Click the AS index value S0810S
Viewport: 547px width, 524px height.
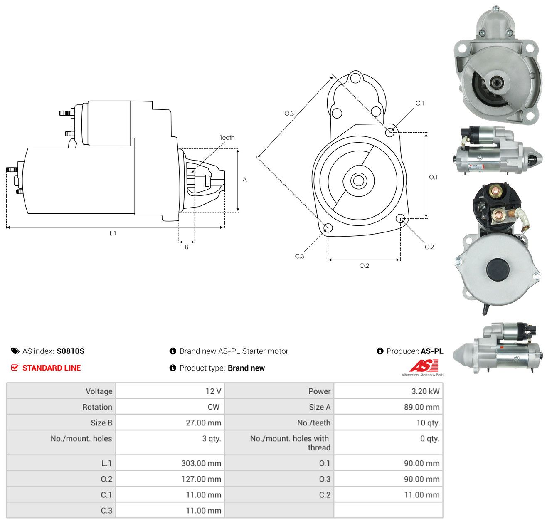70,351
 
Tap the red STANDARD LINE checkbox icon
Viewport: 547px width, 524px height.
15,368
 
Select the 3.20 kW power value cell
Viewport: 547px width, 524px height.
388,391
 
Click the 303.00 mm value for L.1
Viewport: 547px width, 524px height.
201,463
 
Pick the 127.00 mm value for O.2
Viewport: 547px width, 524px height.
201,479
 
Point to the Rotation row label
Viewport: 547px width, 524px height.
97,407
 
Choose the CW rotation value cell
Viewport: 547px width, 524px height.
170,407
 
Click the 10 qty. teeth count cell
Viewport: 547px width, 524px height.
388,423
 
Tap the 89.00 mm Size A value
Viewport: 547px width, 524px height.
421,407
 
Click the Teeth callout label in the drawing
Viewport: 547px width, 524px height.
227,138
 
